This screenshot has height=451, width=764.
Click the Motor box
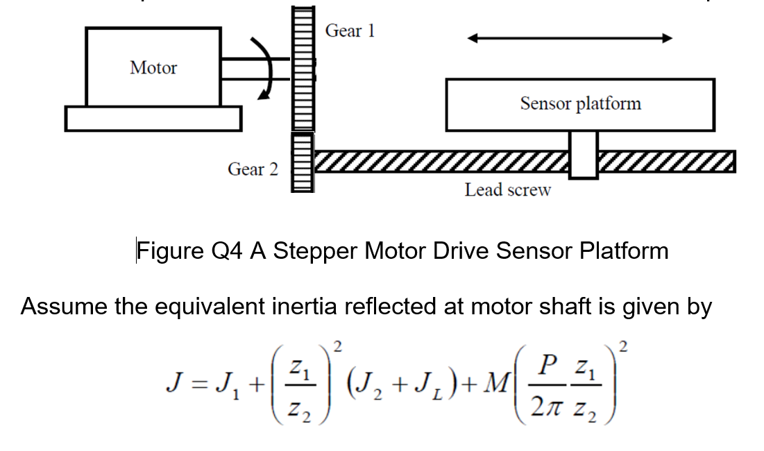pos(153,67)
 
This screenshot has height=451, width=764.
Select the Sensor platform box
pos(580,104)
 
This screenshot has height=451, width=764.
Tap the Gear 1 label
pos(350,31)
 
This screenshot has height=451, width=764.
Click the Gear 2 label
pos(253,169)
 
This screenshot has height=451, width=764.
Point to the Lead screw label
pos(507,190)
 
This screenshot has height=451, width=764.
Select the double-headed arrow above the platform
pos(570,39)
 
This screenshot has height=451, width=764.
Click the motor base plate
pos(153,118)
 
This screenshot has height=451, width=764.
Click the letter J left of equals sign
pos(173,384)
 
